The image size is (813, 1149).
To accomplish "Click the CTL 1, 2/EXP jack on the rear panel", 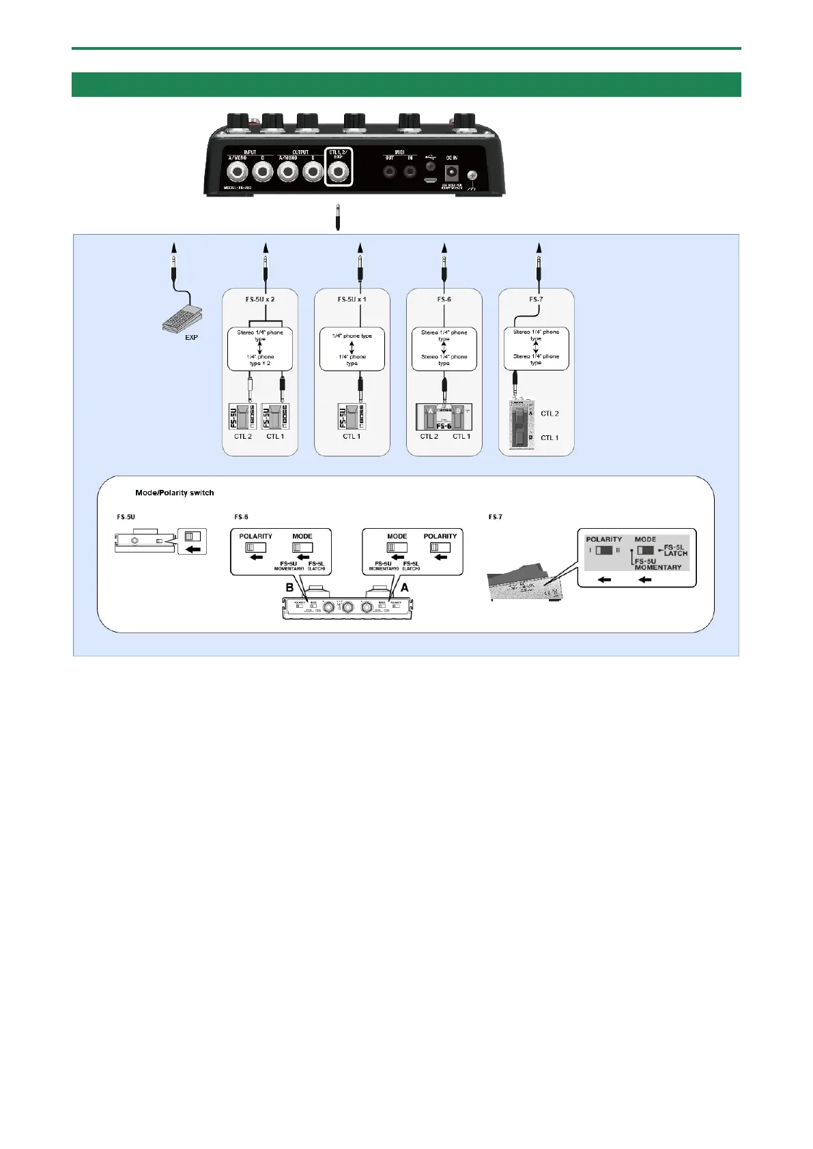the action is tap(338, 172).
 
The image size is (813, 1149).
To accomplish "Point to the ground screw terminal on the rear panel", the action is tap(471, 175).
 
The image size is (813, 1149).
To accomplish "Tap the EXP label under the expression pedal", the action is tap(191, 338).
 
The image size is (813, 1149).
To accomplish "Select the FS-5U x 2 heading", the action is tap(260, 300).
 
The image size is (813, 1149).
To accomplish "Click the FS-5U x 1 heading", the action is tap(352, 300).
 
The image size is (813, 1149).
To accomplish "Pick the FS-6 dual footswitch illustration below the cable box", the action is tap(444, 417).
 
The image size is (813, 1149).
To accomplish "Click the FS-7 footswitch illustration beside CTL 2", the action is tap(521, 425).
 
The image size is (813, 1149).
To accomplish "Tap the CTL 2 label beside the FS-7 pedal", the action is tap(550, 413).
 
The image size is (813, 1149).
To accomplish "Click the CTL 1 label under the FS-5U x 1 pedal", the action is tap(352, 437).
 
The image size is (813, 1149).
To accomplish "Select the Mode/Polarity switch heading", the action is tap(175, 493).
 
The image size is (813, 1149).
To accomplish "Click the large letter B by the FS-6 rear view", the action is tap(289, 587).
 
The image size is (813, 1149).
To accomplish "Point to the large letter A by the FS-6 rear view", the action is tap(404, 587).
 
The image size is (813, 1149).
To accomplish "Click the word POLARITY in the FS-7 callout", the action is tap(604, 539).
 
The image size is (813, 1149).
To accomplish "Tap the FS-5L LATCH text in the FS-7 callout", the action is tap(675, 550).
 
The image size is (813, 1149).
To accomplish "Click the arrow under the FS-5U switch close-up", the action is tap(192, 548).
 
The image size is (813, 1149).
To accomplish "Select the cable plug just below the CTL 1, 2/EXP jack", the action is tap(338, 217).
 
